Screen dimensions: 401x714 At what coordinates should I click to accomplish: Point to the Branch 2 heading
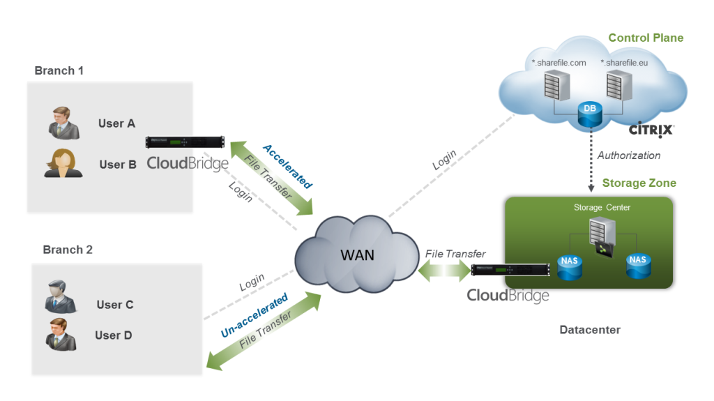pos(68,250)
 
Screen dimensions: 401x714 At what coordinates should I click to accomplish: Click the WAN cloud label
pos(357,255)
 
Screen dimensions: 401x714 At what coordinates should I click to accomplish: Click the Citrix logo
pos(651,130)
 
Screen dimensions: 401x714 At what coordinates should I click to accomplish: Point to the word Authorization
pos(629,156)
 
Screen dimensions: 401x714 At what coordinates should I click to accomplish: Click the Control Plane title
pos(646,38)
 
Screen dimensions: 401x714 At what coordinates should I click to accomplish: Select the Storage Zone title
pos(639,183)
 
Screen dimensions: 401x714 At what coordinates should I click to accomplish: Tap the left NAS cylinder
pos(568,266)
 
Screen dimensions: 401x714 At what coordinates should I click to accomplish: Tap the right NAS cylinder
pos(637,266)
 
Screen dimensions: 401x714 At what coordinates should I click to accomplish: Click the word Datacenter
pos(590,329)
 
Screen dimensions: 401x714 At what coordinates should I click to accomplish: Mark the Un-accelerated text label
pos(254,316)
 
